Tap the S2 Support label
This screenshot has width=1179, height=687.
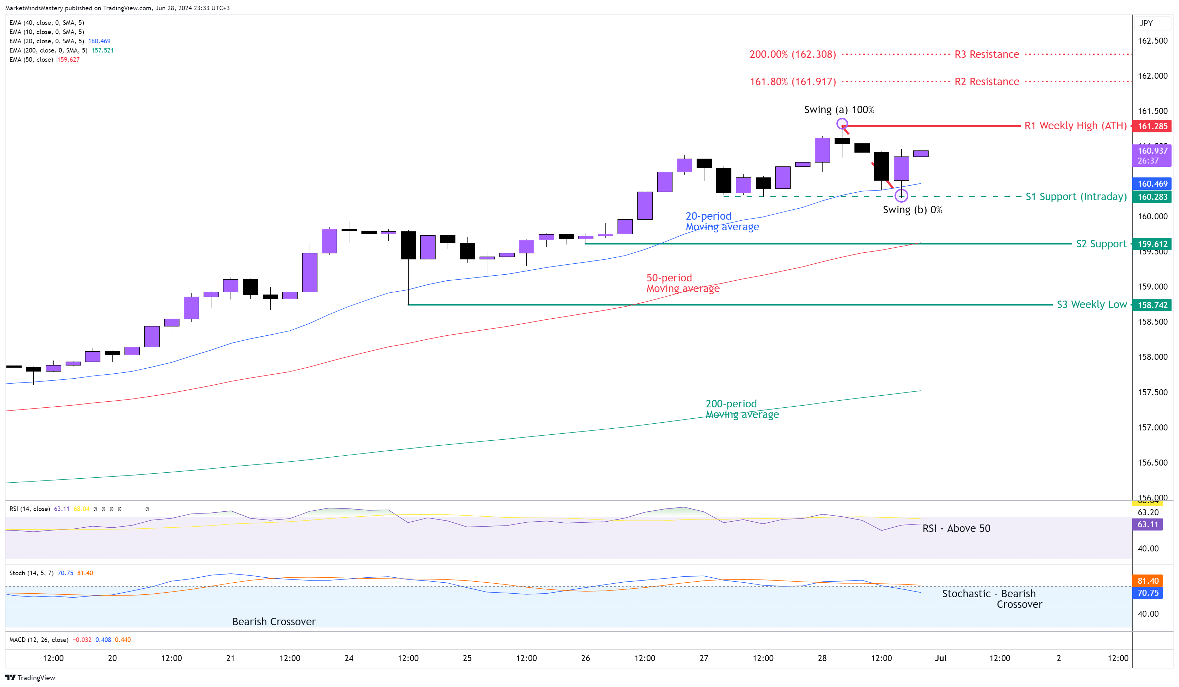pyautogui.click(x=1101, y=244)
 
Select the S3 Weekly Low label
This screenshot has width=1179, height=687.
pyautogui.click(x=1091, y=305)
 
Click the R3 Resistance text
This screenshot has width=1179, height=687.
pyautogui.click(x=986, y=54)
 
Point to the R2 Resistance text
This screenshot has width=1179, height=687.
pyautogui.click(x=986, y=81)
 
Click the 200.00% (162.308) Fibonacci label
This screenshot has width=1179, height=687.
pyautogui.click(x=792, y=54)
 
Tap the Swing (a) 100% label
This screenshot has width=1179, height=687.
pyautogui.click(x=839, y=110)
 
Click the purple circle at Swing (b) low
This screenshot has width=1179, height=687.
pyautogui.click(x=901, y=196)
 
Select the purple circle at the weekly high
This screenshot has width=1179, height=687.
pyautogui.click(x=842, y=124)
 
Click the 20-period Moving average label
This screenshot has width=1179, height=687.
pyautogui.click(x=722, y=221)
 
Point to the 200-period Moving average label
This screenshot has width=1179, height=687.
pyautogui.click(x=742, y=409)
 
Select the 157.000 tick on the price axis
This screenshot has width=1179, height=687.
pyautogui.click(x=1152, y=427)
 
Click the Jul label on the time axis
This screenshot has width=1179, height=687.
pyautogui.click(x=940, y=658)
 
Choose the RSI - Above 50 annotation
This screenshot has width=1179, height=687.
pyautogui.click(x=956, y=528)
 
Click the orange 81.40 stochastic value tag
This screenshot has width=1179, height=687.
pyautogui.click(x=1148, y=581)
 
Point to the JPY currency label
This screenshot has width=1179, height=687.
pyautogui.click(x=1146, y=23)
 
